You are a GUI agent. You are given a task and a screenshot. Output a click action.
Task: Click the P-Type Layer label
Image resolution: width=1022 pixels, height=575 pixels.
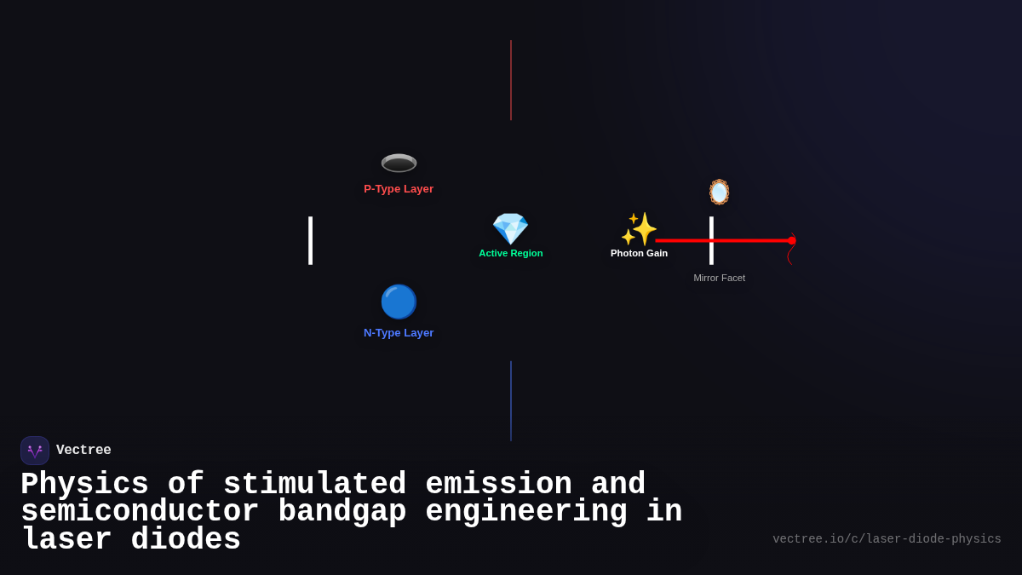[x=399, y=189]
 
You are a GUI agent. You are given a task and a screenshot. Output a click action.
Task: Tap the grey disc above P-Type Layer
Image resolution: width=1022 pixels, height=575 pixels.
[x=399, y=163]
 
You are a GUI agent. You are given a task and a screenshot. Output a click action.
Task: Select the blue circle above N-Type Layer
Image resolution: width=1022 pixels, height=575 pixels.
[x=399, y=302]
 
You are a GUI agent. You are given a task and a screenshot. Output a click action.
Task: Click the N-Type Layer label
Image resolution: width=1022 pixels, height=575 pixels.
[x=399, y=333]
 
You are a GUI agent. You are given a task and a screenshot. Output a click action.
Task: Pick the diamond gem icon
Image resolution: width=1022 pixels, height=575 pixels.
[x=510, y=228]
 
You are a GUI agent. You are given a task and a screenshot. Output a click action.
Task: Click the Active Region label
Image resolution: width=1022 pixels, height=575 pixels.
[x=510, y=253]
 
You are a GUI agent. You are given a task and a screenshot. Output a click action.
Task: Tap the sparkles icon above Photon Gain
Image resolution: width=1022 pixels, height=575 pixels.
[x=639, y=228]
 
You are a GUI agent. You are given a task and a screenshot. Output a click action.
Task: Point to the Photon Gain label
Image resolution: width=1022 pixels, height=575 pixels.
[x=639, y=253]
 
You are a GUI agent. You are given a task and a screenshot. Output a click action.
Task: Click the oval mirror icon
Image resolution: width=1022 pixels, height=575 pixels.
[x=719, y=192]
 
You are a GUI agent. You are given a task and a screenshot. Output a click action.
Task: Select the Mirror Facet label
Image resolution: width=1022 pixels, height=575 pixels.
[x=719, y=278]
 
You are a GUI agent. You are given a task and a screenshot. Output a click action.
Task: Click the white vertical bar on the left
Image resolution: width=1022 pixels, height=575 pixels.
[x=310, y=240]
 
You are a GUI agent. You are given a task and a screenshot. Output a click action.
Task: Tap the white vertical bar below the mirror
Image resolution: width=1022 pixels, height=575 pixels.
[x=711, y=240]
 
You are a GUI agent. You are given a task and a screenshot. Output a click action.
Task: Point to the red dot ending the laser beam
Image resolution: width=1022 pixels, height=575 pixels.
[x=792, y=241]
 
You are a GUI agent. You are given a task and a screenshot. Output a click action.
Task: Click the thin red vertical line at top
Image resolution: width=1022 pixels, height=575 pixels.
[x=511, y=80]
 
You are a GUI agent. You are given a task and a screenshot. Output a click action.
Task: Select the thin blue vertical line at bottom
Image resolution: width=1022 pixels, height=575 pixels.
[x=511, y=400]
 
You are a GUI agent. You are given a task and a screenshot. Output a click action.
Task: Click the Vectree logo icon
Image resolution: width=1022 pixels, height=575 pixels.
[x=35, y=451]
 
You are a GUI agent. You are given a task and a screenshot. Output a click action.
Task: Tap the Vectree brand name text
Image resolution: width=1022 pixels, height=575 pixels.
[x=83, y=451]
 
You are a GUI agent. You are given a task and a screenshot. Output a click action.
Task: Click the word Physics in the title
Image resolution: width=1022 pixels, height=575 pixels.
[x=84, y=485]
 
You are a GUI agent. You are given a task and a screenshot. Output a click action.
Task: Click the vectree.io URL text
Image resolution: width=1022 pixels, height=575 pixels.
[x=887, y=539]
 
